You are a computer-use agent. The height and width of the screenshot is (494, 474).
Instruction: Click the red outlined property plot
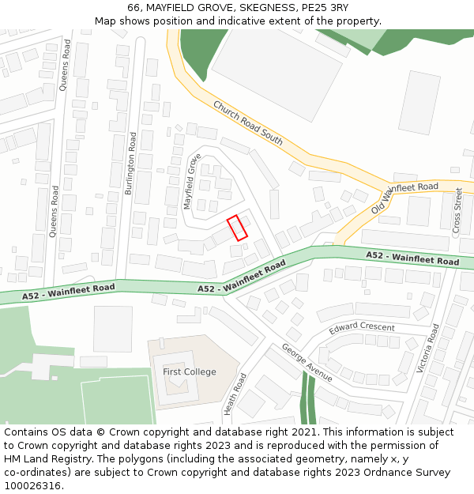click(x=238, y=228)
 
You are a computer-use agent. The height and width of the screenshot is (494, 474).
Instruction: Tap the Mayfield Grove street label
click(x=191, y=181)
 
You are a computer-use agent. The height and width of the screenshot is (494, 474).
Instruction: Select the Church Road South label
click(x=247, y=123)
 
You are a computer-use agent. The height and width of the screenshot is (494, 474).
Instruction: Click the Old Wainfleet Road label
click(x=404, y=197)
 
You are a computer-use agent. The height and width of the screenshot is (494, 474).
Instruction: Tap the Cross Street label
click(x=457, y=209)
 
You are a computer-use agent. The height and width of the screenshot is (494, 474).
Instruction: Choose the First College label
click(x=190, y=371)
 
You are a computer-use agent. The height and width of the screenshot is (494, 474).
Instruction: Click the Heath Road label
click(x=231, y=394)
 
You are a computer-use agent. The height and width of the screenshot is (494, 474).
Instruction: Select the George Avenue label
click(x=307, y=363)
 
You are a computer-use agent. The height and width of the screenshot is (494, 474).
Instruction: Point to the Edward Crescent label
click(x=362, y=326)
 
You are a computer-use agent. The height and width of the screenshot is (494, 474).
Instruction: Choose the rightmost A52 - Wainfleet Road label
click(x=412, y=258)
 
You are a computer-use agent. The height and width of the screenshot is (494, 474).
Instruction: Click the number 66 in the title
click(x=134, y=8)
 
